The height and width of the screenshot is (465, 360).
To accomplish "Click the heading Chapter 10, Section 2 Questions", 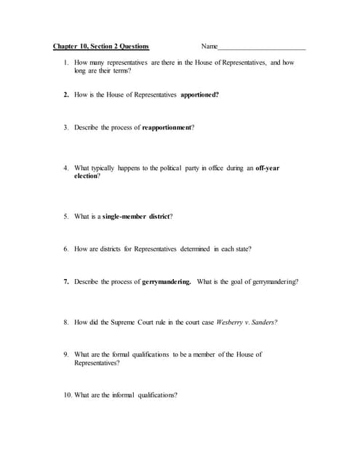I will point(101,46).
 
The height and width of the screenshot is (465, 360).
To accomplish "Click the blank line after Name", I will point(262,47).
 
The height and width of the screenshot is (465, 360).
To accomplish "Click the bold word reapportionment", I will point(167,127).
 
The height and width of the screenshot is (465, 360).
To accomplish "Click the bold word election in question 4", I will point(85,176).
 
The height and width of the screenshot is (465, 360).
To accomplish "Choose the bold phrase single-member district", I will point(136,216).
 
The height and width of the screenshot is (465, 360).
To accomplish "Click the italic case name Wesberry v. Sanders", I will point(246,322).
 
